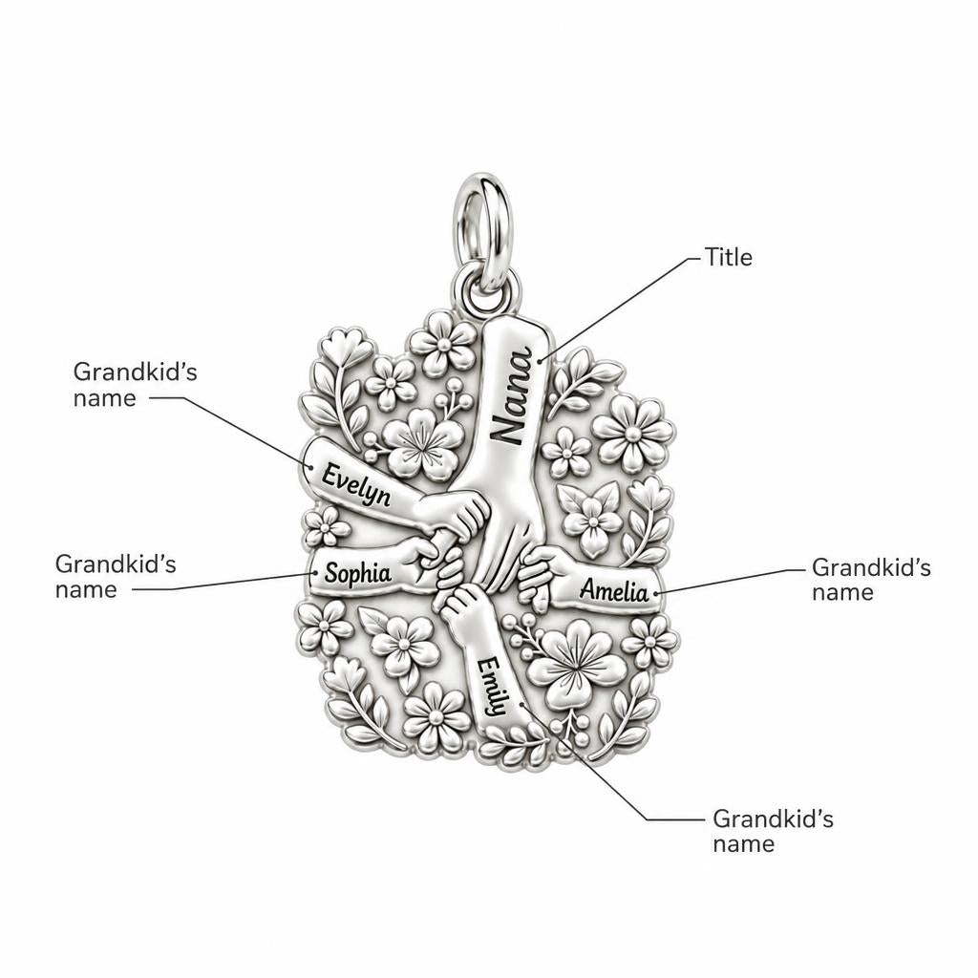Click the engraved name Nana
click(x=512, y=396)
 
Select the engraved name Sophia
click(x=358, y=573)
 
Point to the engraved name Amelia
click(x=614, y=590)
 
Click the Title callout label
click(x=729, y=257)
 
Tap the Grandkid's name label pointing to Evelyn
click(x=136, y=385)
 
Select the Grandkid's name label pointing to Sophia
click(x=116, y=576)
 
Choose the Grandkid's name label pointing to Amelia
click(x=871, y=580)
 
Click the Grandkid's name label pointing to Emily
click(x=773, y=831)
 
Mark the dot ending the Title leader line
click(x=541, y=360)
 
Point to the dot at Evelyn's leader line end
click(x=309, y=466)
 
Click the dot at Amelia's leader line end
click(x=656, y=592)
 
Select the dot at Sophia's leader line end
click(x=315, y=573)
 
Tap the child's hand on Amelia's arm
click(x=537, y=575)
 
